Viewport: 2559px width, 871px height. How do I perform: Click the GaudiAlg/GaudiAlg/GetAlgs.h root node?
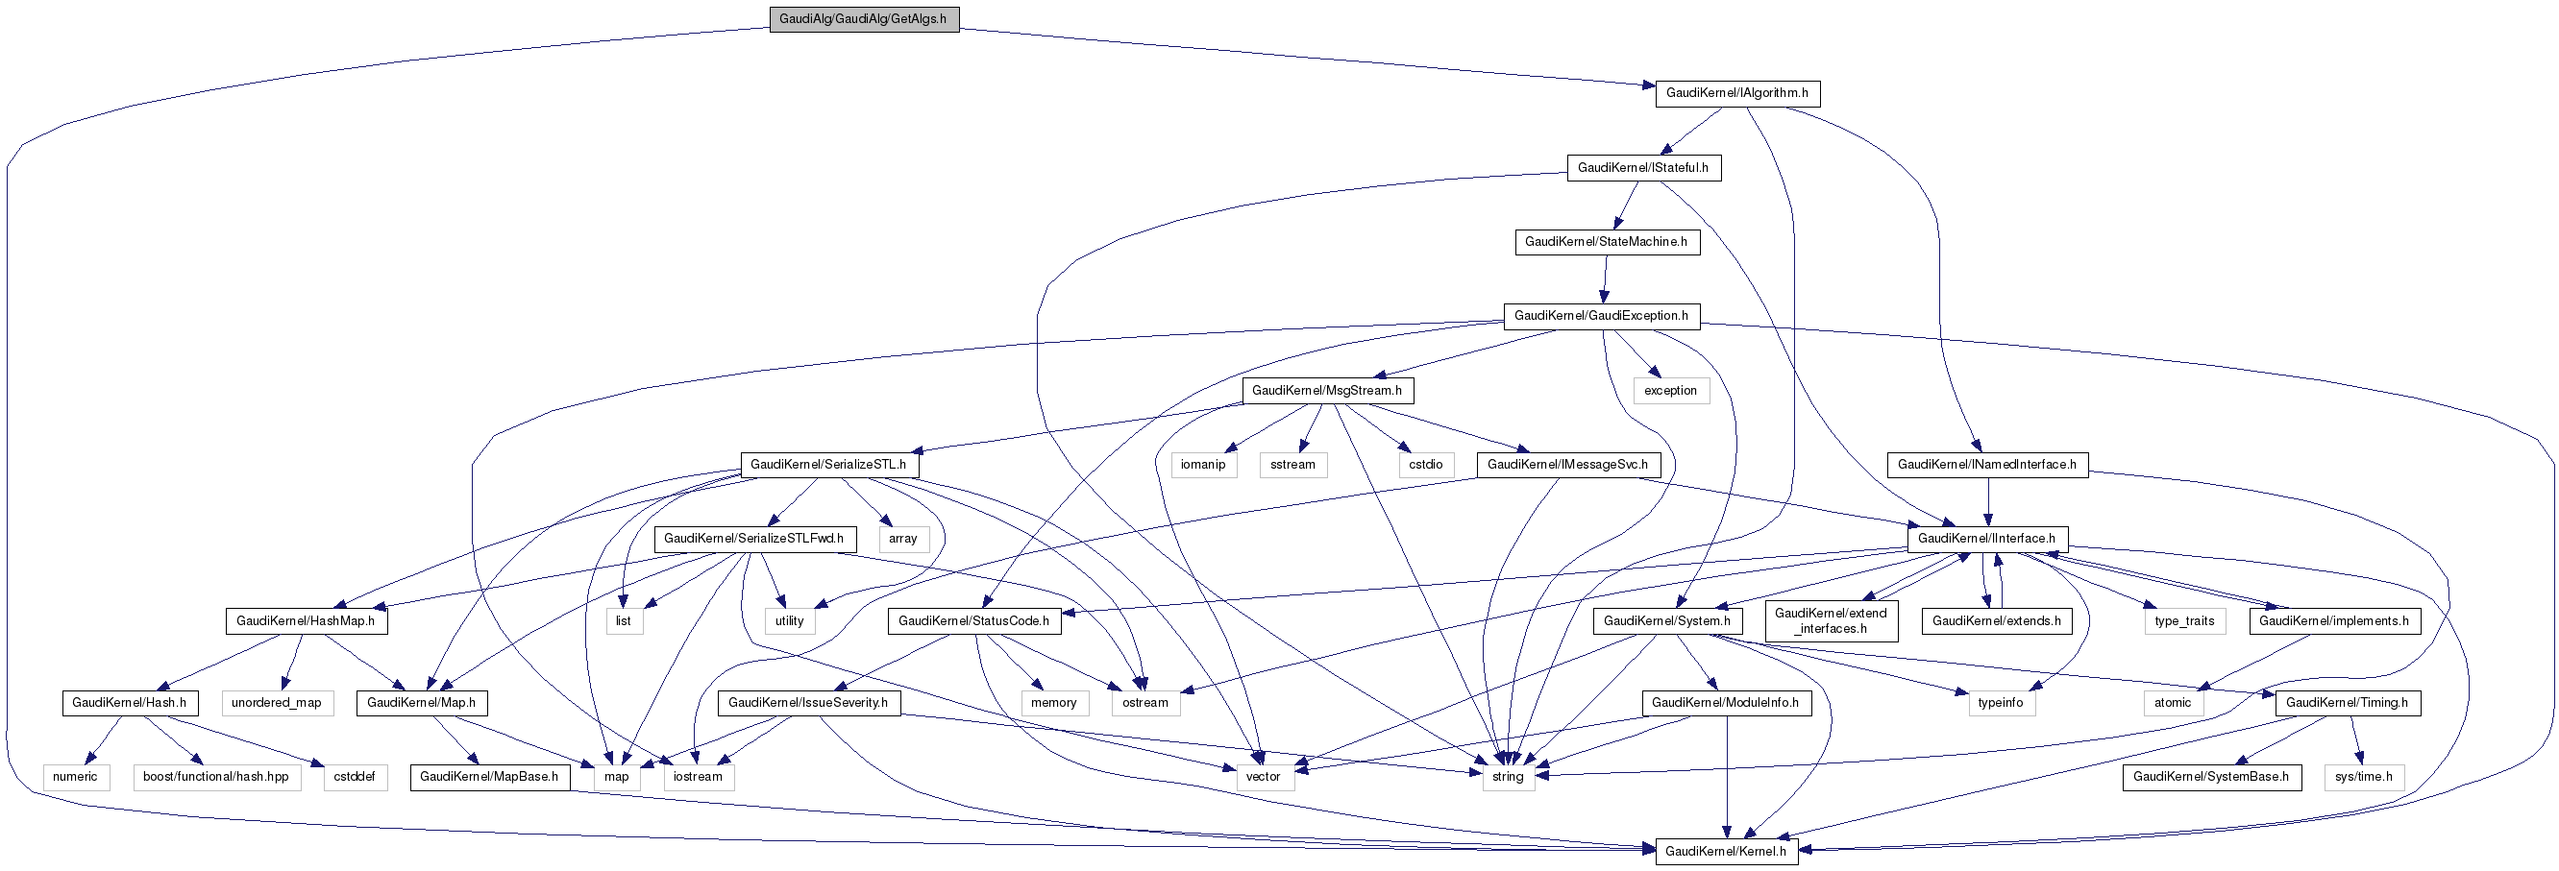(863, 19)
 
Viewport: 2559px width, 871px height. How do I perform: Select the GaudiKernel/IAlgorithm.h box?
(1736, 93)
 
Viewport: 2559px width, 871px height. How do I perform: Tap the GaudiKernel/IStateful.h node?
(1643, 168)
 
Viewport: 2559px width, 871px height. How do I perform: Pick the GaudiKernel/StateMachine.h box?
(1607, 242)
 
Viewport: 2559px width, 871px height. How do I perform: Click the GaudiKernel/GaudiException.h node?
(1600, 316)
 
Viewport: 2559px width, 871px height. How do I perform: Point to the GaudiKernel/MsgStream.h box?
(1327, 390)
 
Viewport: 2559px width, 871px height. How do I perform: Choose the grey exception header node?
(1670, 390)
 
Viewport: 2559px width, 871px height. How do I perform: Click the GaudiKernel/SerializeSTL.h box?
(828, 465)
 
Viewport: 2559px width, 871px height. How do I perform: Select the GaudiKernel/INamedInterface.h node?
(1987, 465)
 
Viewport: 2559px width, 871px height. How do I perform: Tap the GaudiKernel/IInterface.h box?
(1987, 539)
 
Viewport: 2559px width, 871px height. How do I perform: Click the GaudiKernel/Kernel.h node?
(1726, 851)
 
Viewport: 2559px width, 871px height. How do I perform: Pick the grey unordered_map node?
(276, 703)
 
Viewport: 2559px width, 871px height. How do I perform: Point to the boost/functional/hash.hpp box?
(215, 777)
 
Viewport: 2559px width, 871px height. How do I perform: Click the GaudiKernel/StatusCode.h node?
(973, 620)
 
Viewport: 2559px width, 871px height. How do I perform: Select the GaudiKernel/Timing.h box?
(2348, 703)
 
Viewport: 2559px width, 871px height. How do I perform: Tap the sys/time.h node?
(2363, 777)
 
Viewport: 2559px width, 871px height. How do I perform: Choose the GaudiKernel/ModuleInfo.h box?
(1726, 703)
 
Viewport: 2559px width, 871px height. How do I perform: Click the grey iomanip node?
(1203, 465)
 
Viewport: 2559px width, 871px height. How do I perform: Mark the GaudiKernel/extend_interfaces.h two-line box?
(1831, 620)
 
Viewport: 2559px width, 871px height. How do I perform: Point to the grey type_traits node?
(2184, 620)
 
